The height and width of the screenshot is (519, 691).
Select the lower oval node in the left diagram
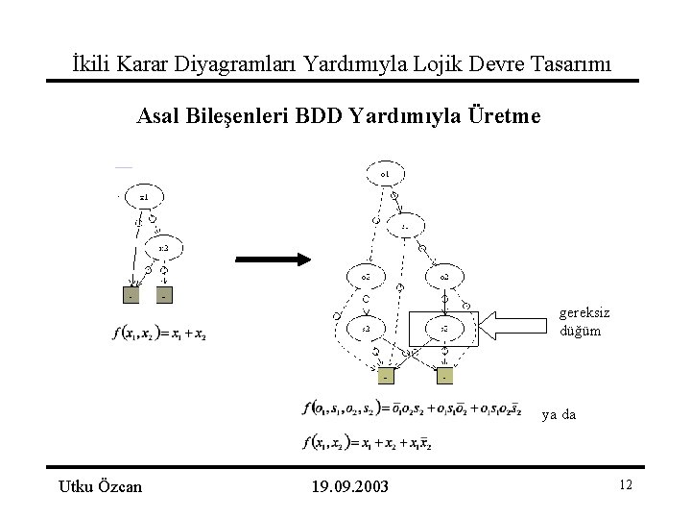click(x=164, y=249)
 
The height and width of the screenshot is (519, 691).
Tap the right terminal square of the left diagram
click(x=164, y=296)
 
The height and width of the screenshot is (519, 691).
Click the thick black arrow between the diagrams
click(x=271, y=259)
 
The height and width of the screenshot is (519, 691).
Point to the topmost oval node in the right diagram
click(x=384, y=174)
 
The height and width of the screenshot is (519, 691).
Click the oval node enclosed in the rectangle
click(x=443, y=329)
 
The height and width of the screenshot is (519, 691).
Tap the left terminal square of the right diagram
click(x=385, y=376)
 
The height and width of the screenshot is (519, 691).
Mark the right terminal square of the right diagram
click(x=444, y=376)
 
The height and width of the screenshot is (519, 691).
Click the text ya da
click(x=559, y=415)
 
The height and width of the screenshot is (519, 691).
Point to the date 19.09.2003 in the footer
click(x=350, y=486)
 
